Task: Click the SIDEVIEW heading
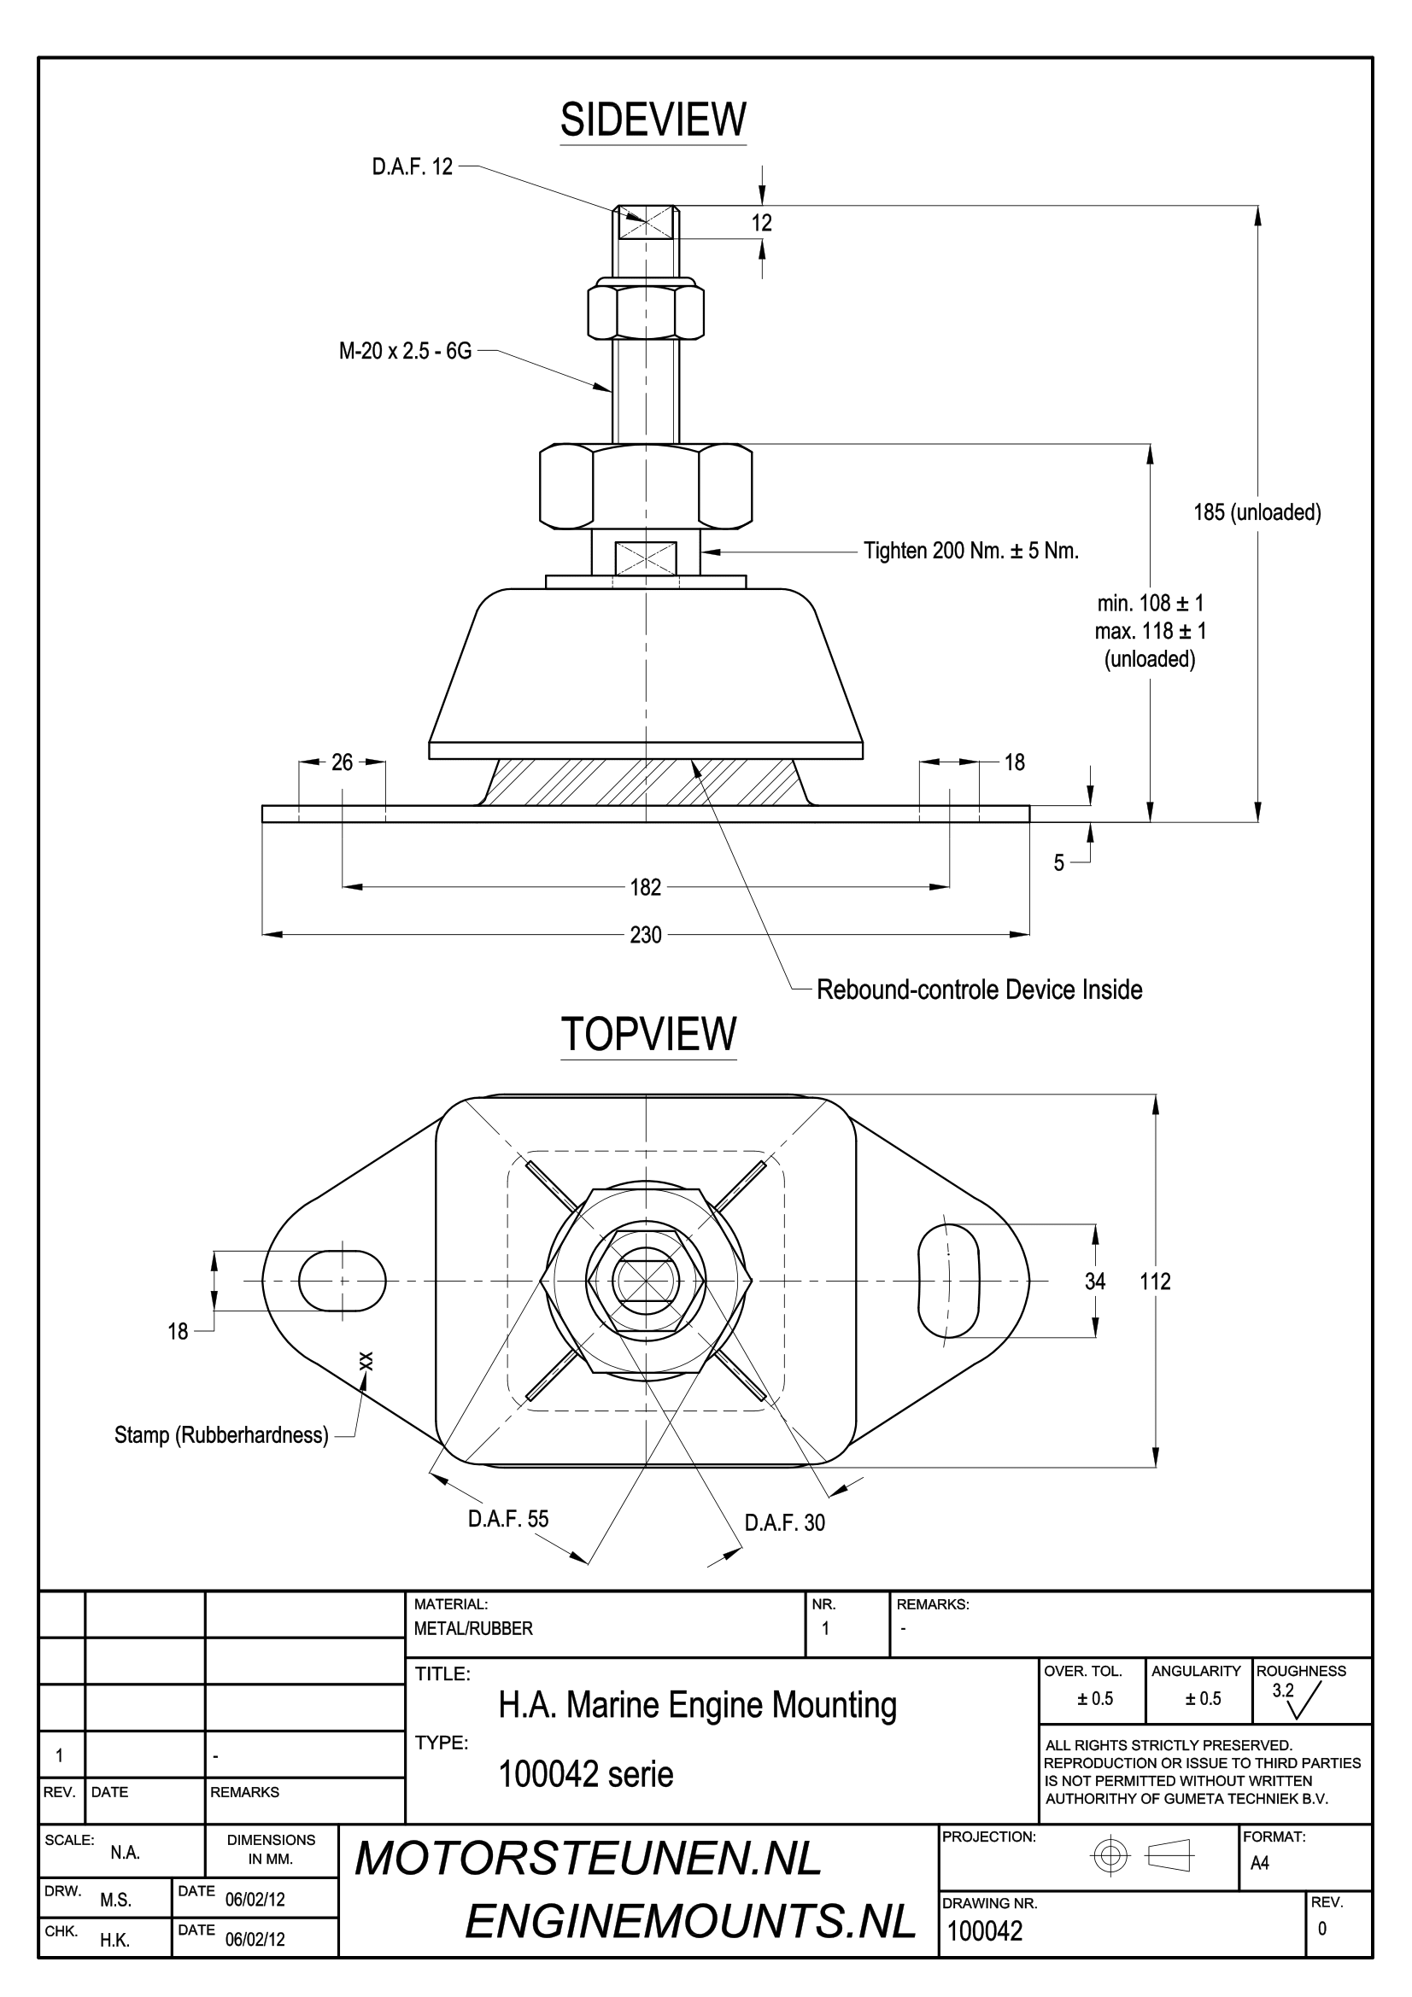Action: coord(653,120)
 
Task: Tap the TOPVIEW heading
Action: coord(648,1034)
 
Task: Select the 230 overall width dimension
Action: coord(646,935)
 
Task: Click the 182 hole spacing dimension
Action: coord(646,887)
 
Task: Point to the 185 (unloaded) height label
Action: coord(1257,512)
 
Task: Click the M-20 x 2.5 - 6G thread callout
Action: coord(406,352)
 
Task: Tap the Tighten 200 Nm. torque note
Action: coord(971,551)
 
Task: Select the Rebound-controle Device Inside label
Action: coord(979,990)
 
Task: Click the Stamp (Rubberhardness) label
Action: coord(221,1435)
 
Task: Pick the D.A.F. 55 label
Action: coord(508,1519)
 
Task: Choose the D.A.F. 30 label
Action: coord(785,1522)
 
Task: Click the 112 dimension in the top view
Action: coord(1156,1282)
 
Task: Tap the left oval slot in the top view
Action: coord(342,1282)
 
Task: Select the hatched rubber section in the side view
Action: coord(646,782)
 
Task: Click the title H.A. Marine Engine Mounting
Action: coord(697,1705)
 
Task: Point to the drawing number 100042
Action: coord(985,1931)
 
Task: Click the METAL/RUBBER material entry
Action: coord(473,1628)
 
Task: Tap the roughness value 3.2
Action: coord(1283,1690)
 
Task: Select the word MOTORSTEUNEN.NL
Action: coord(588,1859)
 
